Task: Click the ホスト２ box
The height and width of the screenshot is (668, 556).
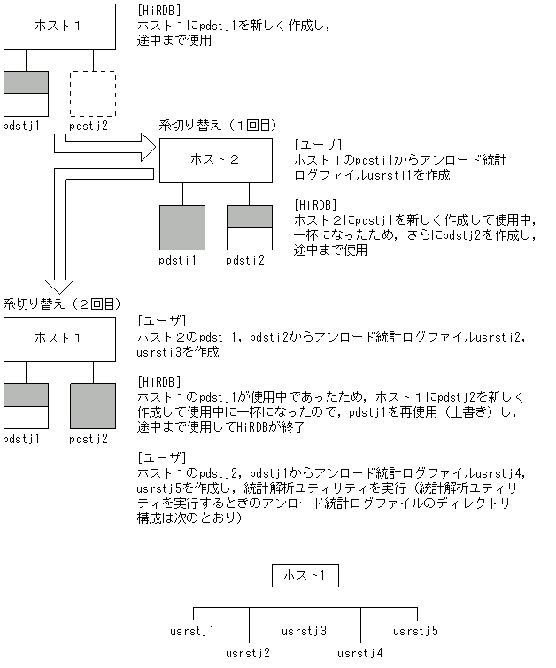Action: click(215, 160)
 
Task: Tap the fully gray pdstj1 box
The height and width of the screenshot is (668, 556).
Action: click(181, 228)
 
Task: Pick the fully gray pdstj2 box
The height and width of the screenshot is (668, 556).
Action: click(93, 407)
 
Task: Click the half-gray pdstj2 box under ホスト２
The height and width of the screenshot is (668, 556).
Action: click(249, 228)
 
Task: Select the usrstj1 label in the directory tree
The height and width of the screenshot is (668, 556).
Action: click(193, 631)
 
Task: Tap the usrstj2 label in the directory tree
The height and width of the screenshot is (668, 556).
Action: click(248, 653)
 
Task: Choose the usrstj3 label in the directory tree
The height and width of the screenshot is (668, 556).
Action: click(305, 631)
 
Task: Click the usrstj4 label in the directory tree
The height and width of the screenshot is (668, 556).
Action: click(360, 653)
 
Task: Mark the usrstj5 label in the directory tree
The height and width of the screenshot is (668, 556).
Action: click(416, 631)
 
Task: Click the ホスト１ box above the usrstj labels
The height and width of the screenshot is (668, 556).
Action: click(305, 576)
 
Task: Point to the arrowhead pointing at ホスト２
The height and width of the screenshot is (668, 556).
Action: click(146, 145)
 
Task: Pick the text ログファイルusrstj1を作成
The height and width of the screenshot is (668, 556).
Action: click(372, 175)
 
